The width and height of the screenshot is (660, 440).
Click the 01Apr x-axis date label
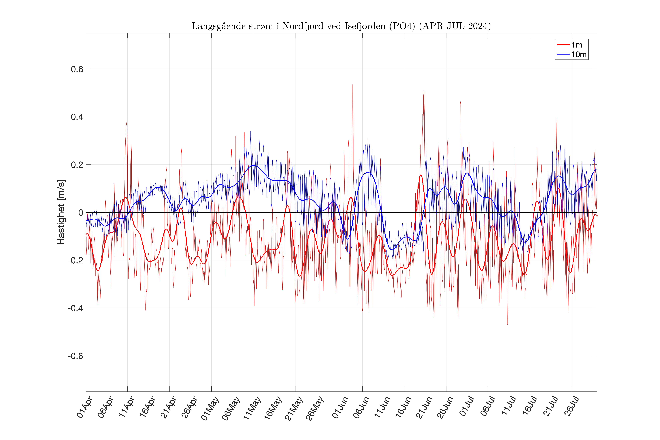coord(84,407)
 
